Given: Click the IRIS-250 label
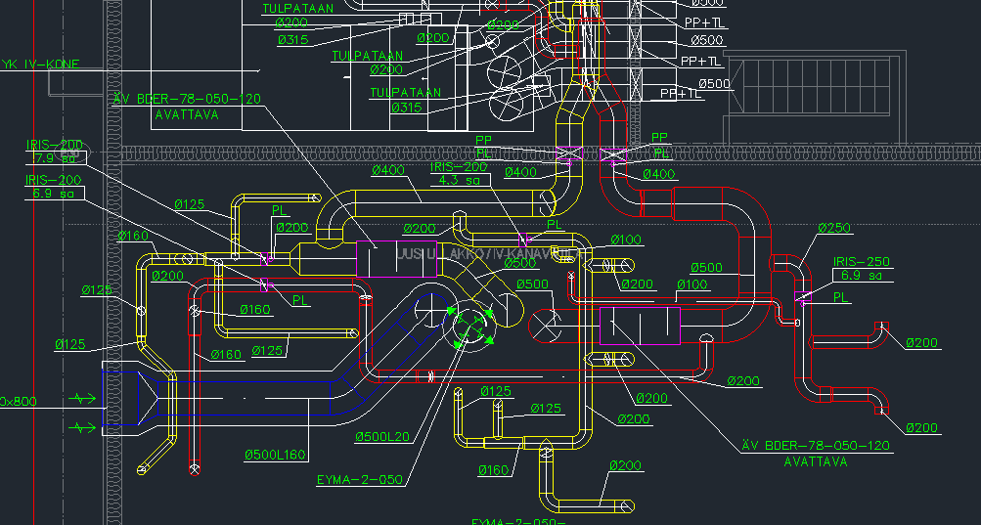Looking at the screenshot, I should [x=862, y=262].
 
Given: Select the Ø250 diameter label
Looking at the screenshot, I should [x=834, y=228].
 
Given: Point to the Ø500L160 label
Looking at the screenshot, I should [x=275, y=455].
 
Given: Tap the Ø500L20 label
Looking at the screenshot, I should [x=381, y=436].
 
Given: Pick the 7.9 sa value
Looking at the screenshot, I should [x=55, y=158].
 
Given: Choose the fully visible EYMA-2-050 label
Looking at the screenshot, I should [x=359, y=480].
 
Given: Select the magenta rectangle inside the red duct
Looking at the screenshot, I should [x=639, y=326].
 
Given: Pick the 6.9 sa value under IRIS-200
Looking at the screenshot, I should [x=55, y=195].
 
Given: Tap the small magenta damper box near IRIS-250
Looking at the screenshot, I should [x=798, y=297].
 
